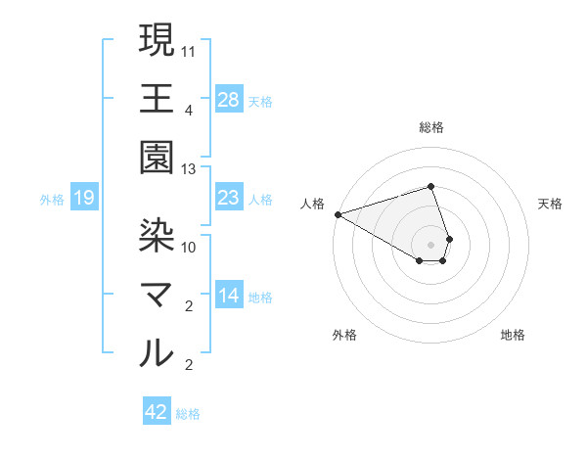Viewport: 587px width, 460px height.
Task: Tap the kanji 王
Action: (x=158, y=99)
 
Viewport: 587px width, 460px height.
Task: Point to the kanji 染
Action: (x=158, y=234)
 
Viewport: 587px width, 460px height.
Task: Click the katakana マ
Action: (x=158, y=295)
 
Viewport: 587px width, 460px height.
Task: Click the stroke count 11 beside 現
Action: (x=189, y=48)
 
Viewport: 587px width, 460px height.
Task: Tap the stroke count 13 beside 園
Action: (x=189, y=169)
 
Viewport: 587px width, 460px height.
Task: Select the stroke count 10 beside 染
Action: (x=189, y=246)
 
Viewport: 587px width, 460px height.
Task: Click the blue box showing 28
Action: (x=229, y=99)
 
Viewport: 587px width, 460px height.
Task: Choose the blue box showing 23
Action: (x=229, y=198)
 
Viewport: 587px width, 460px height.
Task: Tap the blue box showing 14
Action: (x=229, y=296)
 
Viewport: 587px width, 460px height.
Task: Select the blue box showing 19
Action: (x=84, y=199)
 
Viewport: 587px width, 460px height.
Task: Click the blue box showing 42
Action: (x=157, y=412)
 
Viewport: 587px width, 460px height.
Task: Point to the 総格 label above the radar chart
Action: (x=431, y=127)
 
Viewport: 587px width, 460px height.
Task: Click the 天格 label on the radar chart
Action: (x=551, y=204)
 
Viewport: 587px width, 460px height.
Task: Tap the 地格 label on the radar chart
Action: (x=513, y=336)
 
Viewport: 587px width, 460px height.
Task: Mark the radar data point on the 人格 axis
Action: (x=338, y=214)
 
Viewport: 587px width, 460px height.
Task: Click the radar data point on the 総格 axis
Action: (x=431, y=186)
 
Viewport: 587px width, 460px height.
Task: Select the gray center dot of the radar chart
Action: (x=431, y=244)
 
